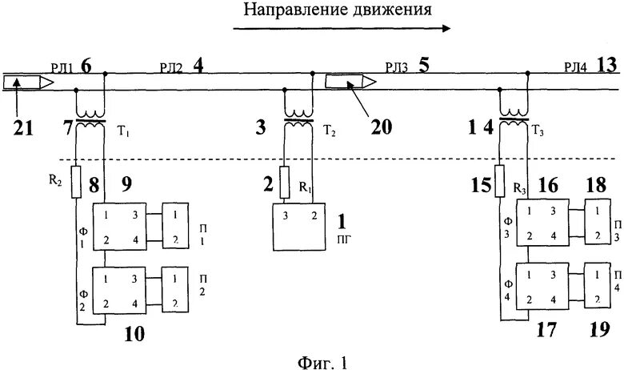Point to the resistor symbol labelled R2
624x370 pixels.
click(x=77, y=181)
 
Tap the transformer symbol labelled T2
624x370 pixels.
click(x=298, y=115)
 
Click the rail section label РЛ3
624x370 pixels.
click(x=396, y=67)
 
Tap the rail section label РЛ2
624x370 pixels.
click(x=171, y=67)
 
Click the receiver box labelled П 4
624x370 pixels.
click(x=596, y=286)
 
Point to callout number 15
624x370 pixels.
click(x=483, y=187)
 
